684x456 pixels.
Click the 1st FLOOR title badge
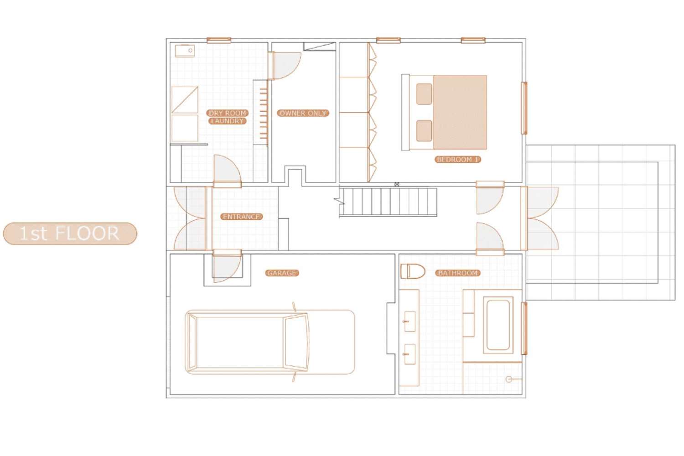coord(70,233)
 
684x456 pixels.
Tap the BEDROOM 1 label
coord(457,160)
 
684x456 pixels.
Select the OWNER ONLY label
coord(303,113)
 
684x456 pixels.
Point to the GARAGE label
coord(282,273)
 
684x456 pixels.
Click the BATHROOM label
coord(457,273)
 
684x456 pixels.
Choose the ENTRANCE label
coord(241,217)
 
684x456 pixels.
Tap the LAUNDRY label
coord(228,121)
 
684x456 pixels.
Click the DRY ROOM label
coord(228,113)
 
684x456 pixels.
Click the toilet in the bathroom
coord(413,271)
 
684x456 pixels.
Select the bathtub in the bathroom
coord(498,325)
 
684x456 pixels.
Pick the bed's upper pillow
coord(424,94)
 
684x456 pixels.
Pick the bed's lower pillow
coord(424,131)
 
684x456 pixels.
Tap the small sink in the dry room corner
coord(185,51)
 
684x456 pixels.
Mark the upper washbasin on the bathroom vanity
coord(409,321)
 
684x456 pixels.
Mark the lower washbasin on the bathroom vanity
coord(409,354)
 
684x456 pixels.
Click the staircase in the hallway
coord(388,202)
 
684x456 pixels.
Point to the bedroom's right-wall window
coord(524,108)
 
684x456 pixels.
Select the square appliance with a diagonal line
coord(185,100)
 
